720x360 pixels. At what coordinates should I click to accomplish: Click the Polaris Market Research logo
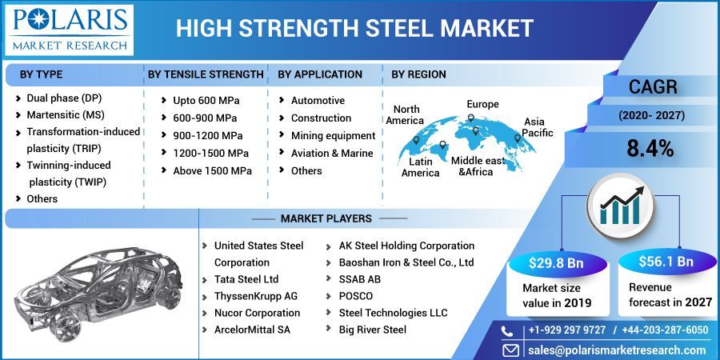click(68, 30)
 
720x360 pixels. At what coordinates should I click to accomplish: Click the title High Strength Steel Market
click(354, 29)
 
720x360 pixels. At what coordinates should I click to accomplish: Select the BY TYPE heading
click(41, 74)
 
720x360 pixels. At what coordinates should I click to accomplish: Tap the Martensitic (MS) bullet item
click(64, 114)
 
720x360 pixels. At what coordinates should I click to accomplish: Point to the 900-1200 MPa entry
click(207, 135)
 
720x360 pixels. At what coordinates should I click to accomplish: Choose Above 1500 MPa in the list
click(212, 170)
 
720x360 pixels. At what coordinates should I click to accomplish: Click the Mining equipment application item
click(333, 135)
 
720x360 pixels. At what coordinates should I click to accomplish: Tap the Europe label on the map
click(482, 104)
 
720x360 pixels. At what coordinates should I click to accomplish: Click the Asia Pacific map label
click(538, 127)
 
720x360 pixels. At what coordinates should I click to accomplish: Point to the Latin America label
click(420, 168)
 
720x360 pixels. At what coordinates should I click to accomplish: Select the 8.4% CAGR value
click(650, 148)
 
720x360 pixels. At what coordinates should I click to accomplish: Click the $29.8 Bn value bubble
click(556, 262)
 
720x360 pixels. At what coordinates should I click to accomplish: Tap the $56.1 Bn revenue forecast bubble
click(666, 262)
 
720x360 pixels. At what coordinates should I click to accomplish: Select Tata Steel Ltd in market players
click(246, 279)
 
